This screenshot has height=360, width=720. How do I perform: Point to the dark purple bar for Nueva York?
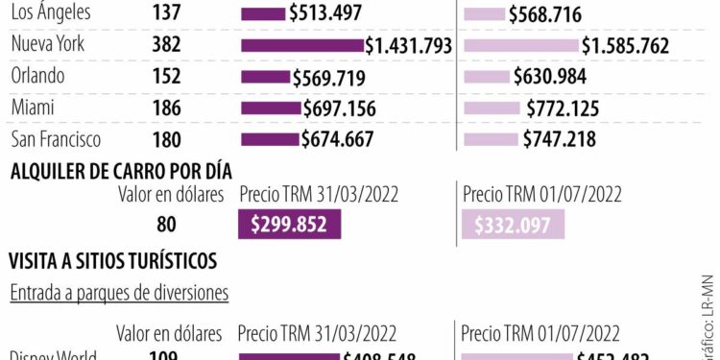pyautogui.click(x=302, y=45)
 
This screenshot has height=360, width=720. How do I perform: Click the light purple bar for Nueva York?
pyautogui.click(x=520, y=45)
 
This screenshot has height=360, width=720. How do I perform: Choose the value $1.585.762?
pyautogui.click(x=625, y=45)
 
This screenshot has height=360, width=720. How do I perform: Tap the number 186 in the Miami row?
pyautogui.click(x=166, y=108)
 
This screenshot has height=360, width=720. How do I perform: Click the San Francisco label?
pyautogui.click(x=55, y=139)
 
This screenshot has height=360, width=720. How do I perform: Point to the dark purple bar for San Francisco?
pyautogui.click(x=270, y=139)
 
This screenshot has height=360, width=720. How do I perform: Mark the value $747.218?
pyautogui.click(x=559, y=139)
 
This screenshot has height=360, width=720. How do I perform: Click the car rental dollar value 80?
pyautogui.click(x=166, y=225)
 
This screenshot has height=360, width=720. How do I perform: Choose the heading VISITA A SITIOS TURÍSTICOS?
pyautogui.click(x=112, y=260)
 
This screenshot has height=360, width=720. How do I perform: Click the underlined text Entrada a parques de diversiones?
pyautogui.click(x=119, y=293)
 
